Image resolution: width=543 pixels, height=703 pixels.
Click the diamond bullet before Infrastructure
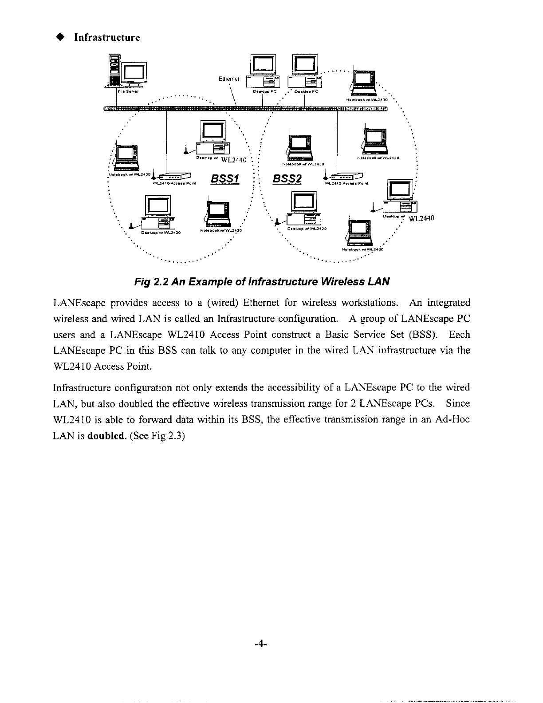point(58,37)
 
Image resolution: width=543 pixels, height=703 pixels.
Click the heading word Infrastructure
point(107,37)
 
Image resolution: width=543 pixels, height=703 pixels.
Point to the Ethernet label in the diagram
point(229,79)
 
